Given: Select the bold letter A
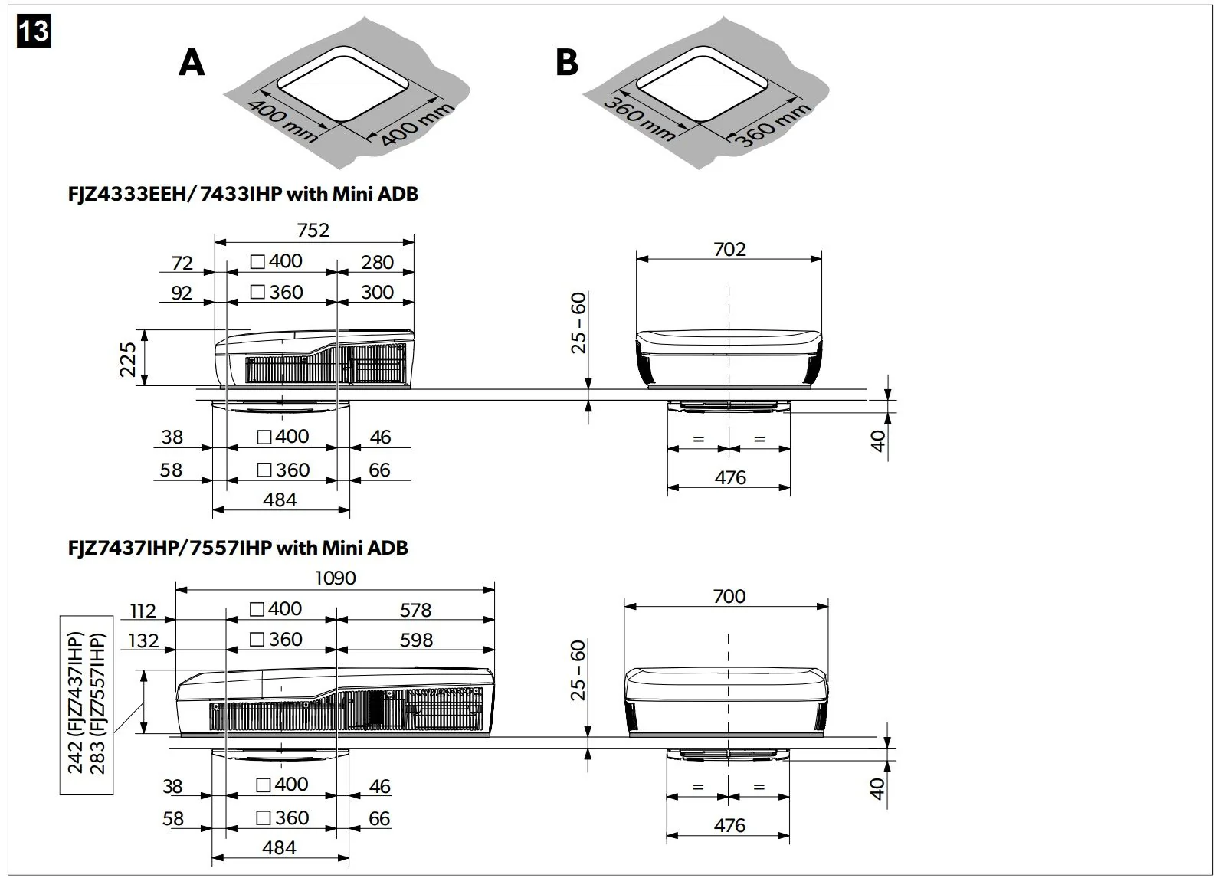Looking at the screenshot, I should (x=192, y=63).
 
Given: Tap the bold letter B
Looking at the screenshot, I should (x=566, y=62).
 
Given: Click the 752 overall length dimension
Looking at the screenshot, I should (x=313, y=230).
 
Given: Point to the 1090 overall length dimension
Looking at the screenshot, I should (x=336, y=578).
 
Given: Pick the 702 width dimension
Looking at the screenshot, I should (x=729, y=249).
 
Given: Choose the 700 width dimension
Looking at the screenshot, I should (x=728, y=596).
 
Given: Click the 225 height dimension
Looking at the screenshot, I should (x=127, y=359).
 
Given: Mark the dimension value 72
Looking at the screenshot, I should (x=182, y=263).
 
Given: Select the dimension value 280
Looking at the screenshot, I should (x=377, y=262).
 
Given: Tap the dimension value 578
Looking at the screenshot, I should (x=415, y=610).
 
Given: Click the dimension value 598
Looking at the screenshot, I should (x=416, y=640).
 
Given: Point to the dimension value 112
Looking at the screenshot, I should (x=143, y=611).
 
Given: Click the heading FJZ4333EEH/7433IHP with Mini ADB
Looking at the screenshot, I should (x=244, y=194).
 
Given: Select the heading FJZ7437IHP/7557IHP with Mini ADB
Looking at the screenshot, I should (x=238, y=548).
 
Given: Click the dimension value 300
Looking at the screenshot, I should (x=377, y=292).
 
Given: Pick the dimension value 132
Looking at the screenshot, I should (x=143, y=640).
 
